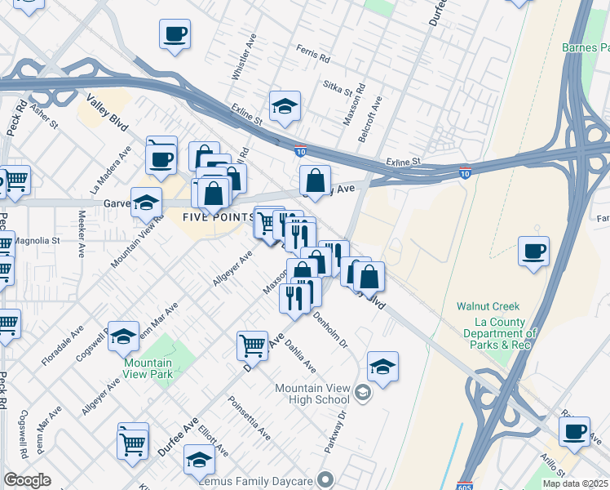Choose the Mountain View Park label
coord(148,368)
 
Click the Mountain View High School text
coord(312,394)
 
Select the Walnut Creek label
coord(488,306)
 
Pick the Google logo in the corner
coord(27,480)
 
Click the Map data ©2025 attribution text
coord(576,483)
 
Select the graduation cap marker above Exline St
coord(285,106)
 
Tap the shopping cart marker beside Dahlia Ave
coord(253,345)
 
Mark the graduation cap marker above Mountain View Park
coord(123,336)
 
